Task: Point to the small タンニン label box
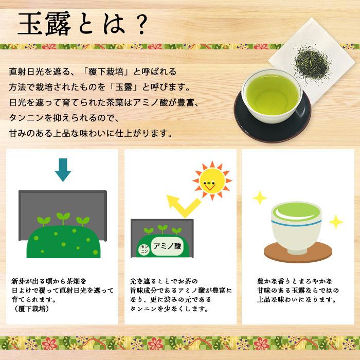(144, 248)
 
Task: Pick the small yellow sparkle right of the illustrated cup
(336, 222)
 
